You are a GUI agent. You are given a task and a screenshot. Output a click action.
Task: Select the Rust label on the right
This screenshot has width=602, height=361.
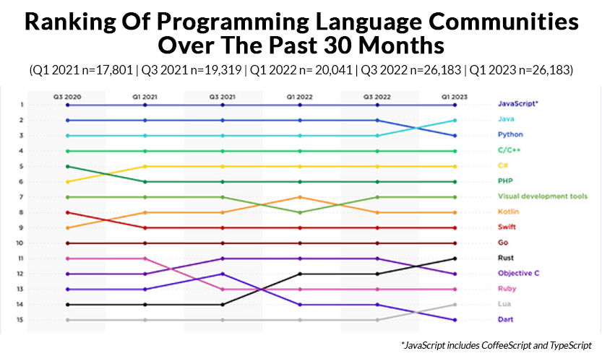[x=506, y=258]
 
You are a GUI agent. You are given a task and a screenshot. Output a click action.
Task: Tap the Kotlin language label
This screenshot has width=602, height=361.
[x=508, y=212]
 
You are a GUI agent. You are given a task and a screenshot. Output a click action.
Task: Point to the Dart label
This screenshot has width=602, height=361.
[x=506, y=319]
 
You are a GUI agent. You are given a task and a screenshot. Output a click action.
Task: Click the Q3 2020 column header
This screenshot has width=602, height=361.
[x=66, y=95]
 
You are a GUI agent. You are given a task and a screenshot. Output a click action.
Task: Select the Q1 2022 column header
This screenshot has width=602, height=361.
[x=299, y=95]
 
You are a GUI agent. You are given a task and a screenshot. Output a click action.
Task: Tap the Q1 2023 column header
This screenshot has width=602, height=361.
[x=455, y=95]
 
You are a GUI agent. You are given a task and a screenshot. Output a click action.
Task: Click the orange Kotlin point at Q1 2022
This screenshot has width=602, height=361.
[x=299, y=196]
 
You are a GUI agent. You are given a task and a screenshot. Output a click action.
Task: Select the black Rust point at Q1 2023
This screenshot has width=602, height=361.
[x=455, y=258]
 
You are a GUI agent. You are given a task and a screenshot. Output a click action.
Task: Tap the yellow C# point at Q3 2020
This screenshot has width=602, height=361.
[x=66, y=181]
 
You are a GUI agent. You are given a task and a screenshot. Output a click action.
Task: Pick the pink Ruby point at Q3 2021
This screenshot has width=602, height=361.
[x=222, y=289]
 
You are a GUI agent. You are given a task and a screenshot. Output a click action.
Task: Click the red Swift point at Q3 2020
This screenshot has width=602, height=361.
[x=66, y=212]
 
